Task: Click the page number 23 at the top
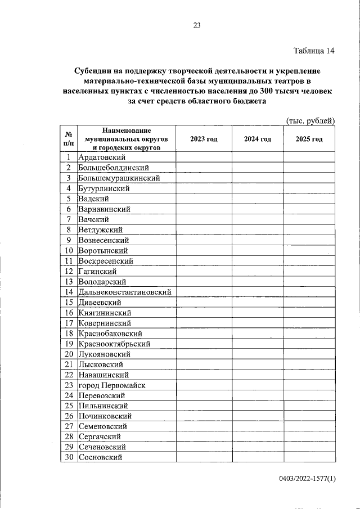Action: point(196,25)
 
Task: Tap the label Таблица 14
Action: point(314,51)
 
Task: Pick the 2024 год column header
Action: point(258,139)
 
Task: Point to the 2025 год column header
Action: point(309,139)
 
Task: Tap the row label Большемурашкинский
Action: point(119,178)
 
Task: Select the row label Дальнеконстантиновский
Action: point(125,292)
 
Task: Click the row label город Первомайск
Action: point(112,385)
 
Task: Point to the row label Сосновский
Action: point(101,457)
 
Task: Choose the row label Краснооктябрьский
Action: point(114,344)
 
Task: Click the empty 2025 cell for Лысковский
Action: point(309,364)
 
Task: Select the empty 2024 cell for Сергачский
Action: point(258,436)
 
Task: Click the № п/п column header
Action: point(68,139)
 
